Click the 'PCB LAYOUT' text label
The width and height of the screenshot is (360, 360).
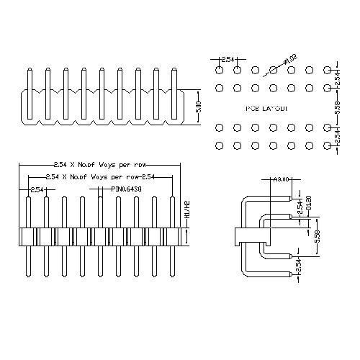point(266,108)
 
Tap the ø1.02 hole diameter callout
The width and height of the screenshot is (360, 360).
point(291,58)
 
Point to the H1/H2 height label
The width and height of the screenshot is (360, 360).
point(186,210)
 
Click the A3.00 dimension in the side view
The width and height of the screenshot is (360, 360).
point(282,179)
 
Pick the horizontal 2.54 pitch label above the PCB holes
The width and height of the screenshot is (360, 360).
point(228,59)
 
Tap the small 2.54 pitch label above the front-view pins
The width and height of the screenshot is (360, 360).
point(36,189)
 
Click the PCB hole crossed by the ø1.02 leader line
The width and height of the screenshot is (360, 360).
point(274,70)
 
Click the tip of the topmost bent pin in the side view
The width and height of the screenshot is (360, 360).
point(293,195)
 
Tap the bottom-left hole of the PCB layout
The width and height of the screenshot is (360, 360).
point(219,146)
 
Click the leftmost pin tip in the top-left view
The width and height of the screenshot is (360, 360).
point(29,70)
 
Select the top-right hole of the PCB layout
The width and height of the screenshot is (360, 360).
point(328,70)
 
